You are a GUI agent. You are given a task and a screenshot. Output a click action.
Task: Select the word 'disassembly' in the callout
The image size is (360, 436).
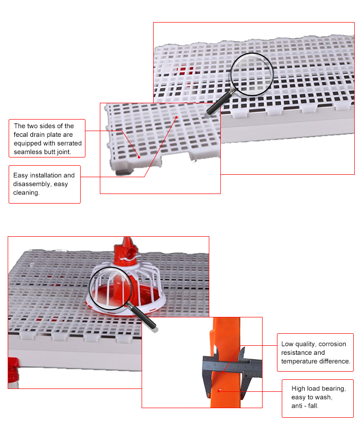[x=31, y=184]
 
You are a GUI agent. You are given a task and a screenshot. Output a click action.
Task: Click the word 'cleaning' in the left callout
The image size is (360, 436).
[x=26, y=193]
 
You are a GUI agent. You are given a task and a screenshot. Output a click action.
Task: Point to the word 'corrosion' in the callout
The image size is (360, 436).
[x=331, y=344]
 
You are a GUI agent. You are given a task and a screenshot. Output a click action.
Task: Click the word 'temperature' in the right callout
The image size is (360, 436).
[x=299, y=361]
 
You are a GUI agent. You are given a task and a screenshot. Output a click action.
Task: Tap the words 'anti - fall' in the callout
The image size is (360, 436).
[x=305, y=406]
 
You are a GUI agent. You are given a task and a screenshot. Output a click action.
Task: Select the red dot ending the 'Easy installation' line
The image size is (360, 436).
[x=177, y=117]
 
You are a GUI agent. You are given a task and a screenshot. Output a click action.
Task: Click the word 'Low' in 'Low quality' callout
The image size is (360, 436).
[x=287, y=344]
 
